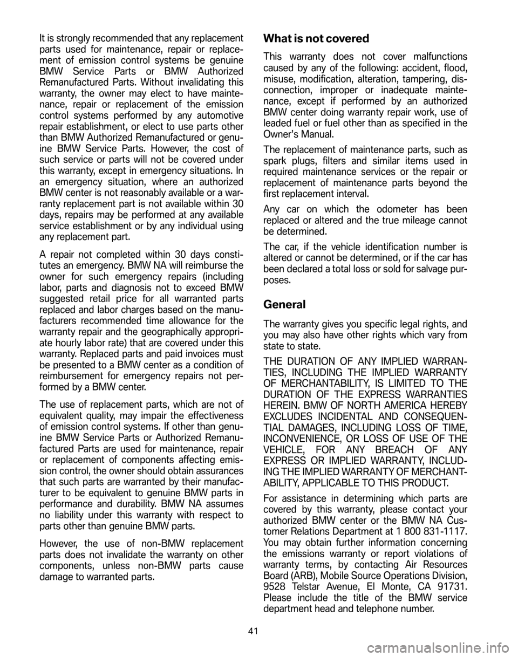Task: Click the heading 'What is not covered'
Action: (316, 39)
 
